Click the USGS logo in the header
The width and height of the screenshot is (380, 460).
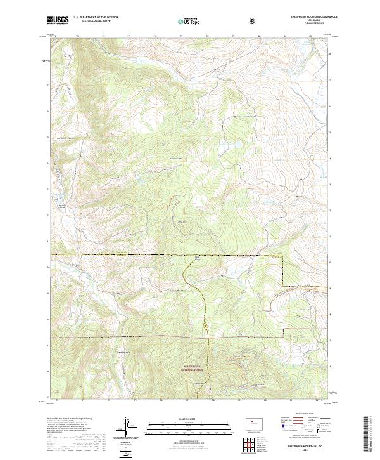[58, 21]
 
